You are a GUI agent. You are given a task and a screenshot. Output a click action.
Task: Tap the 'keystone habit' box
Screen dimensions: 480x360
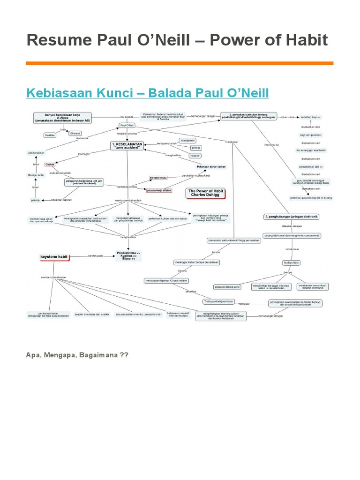tap(53, 256)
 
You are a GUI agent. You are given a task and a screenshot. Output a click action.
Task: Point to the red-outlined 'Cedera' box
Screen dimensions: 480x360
tap(50, 165)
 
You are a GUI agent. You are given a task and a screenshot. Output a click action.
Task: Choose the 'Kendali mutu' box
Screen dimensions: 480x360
tap(158, 178)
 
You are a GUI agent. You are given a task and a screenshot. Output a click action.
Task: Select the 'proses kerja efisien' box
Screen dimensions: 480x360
tap(159, 191)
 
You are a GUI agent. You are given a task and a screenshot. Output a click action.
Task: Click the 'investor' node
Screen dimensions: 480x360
tap(195, 156)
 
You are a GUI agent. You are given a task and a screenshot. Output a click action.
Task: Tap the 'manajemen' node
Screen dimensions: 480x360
tap(187, 140)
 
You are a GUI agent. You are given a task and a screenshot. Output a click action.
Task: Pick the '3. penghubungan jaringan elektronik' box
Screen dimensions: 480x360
tap(292, 216)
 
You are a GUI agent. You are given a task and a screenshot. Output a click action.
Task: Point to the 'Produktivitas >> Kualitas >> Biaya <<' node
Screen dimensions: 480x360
tap(128, 255)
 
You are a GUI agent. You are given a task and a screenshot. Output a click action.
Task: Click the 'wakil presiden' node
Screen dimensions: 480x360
tap(36, 153)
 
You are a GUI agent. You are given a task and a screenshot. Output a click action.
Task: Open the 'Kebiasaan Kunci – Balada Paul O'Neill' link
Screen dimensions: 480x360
tap(148, 92)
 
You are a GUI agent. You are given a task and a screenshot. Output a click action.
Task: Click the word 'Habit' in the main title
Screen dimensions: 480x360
tap(303, 40)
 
